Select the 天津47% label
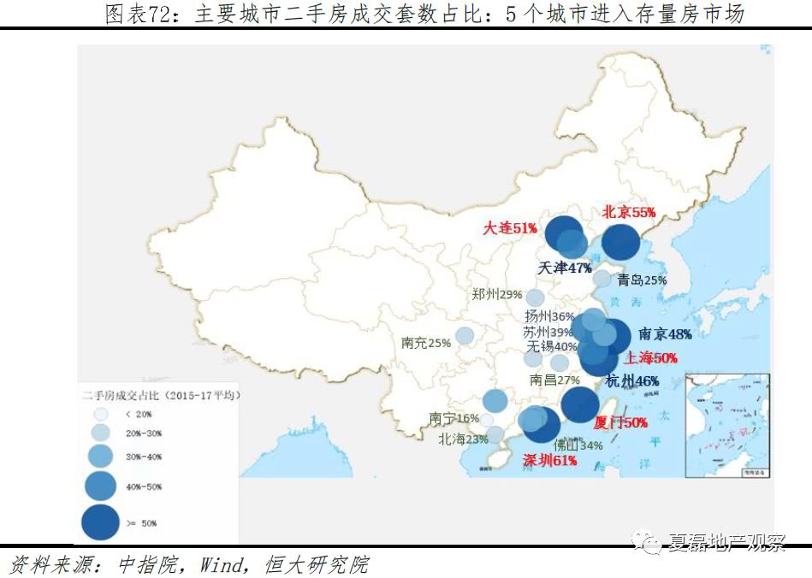coord(565,268)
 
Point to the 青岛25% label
coord(642,280)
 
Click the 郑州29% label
coord(496,294)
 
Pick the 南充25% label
coord(425,343)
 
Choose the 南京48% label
coord(665,333)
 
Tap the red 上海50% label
coord(651,358)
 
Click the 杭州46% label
coord(631,380)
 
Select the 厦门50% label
coord(620,422)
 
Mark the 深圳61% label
coord(548,460)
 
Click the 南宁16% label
coord(453,418)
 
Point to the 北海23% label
coord(463,439)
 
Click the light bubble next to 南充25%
coord(465,335)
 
